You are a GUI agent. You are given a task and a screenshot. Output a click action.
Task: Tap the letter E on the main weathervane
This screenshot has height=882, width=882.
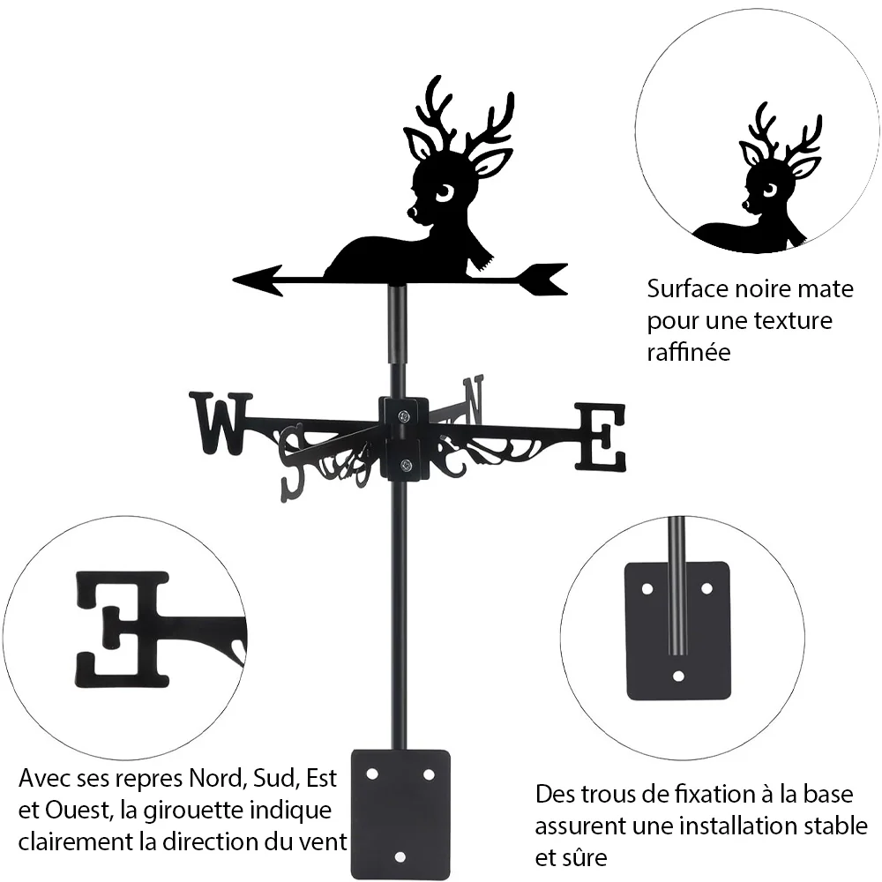[x=600, y=437]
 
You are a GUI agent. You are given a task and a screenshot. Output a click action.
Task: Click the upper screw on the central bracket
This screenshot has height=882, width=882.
[x=403, y=417]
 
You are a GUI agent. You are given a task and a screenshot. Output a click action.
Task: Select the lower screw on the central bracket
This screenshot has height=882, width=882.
[x=405, y=465]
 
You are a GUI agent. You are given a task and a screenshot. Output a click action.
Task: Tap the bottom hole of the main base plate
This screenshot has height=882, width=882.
[x=400, y=856]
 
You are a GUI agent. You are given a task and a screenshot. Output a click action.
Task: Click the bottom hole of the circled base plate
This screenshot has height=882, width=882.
[x=678, y=676]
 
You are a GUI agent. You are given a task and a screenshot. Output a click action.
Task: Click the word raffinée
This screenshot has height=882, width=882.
[x=689, y=352]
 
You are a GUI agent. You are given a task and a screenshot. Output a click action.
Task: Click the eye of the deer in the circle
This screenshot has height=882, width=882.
[x=769, y=191]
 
